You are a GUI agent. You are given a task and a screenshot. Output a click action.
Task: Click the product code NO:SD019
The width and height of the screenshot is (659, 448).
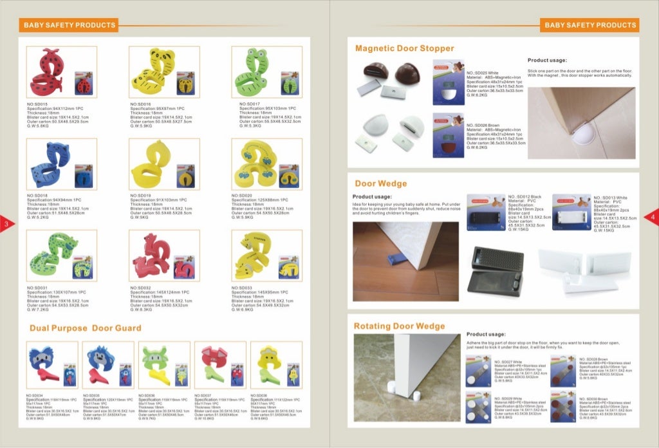point(141,195)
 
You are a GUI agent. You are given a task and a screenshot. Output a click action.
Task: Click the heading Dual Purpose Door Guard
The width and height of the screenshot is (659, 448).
point(85,328)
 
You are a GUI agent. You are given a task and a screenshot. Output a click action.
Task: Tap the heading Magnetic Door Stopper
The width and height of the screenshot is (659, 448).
point(404,48)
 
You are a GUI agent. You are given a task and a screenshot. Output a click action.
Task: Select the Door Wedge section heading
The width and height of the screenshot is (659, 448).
point(380,183)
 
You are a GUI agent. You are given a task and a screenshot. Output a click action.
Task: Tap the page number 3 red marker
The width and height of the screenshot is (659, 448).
point(5,223)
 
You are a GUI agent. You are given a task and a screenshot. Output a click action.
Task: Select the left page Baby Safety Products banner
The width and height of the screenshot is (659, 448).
point(70,25)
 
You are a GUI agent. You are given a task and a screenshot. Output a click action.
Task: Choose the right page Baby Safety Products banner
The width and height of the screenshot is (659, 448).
point(589,25)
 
